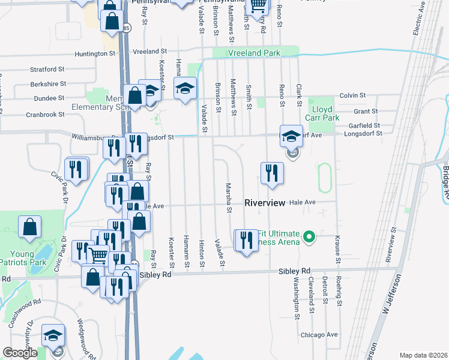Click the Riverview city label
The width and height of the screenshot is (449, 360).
(265, 203)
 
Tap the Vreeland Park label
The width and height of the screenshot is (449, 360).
(254, 53)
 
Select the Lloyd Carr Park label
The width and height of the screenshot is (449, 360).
(326, 113)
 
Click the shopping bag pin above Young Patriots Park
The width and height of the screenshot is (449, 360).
(29, 227)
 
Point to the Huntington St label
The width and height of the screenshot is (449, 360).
(95, 54)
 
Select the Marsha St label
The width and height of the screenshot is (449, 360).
(229, 198)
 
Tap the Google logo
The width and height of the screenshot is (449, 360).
(20, 353)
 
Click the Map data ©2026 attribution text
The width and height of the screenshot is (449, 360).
(423, 355)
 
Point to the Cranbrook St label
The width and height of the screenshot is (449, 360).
(44, 115)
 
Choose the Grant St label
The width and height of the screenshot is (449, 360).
(366, 112)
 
